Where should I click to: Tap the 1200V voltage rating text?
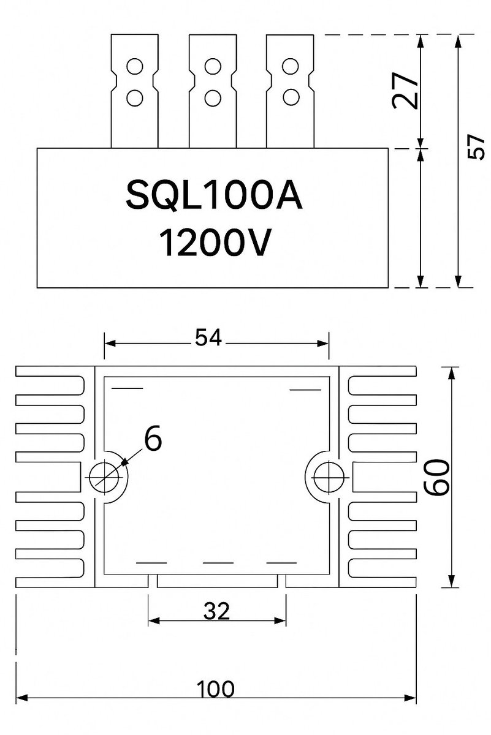click(x=214, y=242)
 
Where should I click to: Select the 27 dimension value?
click(x=406, y=91)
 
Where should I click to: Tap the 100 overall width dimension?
click(x=216, y=689)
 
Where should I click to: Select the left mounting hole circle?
click(x=104, y=477)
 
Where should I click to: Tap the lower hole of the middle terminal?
click(x=213, y=96)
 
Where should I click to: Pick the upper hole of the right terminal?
click(x=291, y=66)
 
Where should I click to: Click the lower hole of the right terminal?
click(x=291, y=96)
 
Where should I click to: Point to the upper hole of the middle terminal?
click(x=213, y=66)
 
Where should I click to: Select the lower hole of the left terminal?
click(x=135, y=96)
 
